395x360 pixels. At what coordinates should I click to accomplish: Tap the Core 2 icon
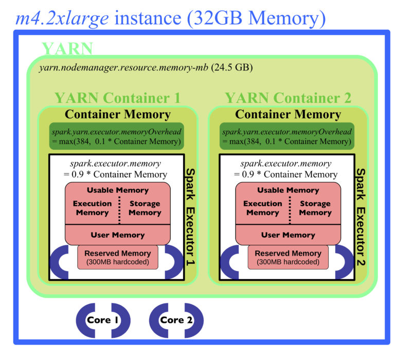click(x=176, y=320)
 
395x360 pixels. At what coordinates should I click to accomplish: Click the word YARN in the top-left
click(x=67, y=49)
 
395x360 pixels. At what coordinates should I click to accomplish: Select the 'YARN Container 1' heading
click(x=117, y=97)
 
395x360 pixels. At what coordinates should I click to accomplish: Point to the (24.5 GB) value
click(x=232, y=67)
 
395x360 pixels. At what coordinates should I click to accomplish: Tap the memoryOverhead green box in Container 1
click(x=117, y=136)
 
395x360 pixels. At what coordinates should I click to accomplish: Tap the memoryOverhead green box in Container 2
click(x=288, y=136)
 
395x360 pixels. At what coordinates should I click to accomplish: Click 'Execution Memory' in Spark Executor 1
click(x=92, y=208)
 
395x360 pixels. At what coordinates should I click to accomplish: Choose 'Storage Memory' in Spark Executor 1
click(x=145, y=208)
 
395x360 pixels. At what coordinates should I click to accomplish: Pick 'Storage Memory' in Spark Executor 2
click(x=315, y=208)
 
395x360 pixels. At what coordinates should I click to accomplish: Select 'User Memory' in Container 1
click(x=117, y=235)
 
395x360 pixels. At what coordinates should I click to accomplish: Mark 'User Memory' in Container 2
click(x=288, y=235)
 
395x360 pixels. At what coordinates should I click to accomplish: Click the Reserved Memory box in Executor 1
click(x=117, y=257)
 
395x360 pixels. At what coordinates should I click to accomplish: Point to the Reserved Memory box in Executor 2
click(x=288, y=257)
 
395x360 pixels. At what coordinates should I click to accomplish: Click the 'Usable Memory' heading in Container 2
click(x=288, y=190)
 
